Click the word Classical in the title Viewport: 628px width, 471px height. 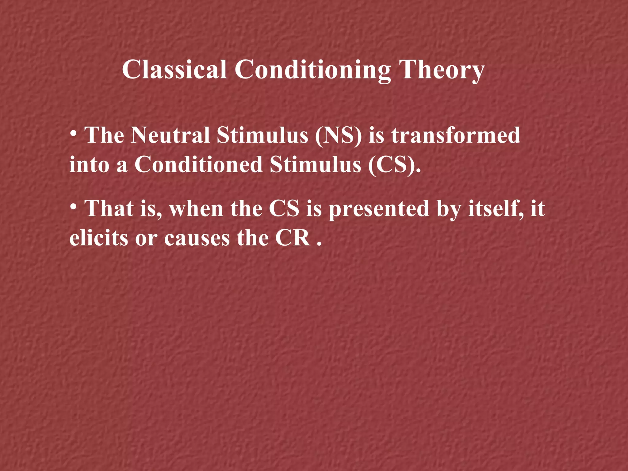(174, 70)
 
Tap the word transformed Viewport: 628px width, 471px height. (456, 135)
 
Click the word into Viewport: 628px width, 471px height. (89, 165)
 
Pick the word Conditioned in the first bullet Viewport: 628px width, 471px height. (199, 165)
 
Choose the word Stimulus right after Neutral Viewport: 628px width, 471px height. (262, 135)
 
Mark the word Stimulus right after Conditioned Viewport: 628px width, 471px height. (316, 165)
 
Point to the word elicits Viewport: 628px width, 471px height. (98, 238)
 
